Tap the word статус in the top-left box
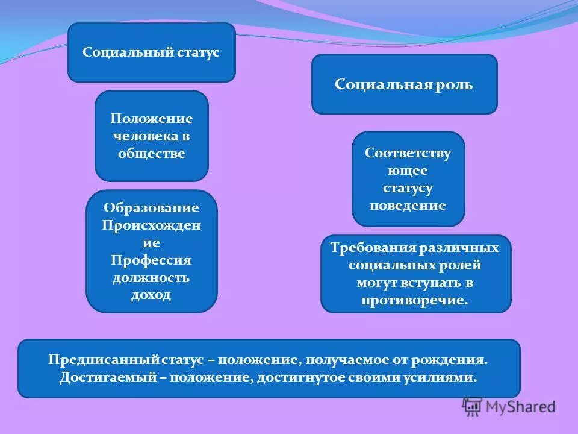pos(198,52)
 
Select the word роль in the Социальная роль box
pos(456,84)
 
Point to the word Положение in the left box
pos(151,119)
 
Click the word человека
pos(144,136)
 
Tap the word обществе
pos(151,154)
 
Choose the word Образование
pos(151,208)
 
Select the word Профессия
pos(151,260)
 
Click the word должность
pos(151,278)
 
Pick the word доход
pos(151,295)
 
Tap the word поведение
pos(408,206)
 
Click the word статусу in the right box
pos(408,188)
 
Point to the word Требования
pos(368,248)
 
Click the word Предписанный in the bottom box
pos(103,360)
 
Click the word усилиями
pos(445,378)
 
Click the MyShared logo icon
pos(473,407)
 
